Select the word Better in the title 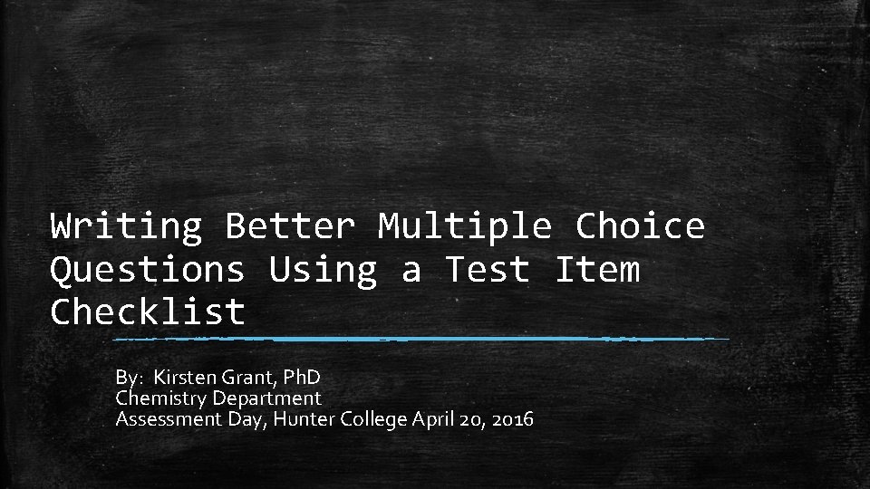pos(290,225)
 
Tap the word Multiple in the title pos(465,225)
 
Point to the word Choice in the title pos(640,225)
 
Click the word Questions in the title pos(148,270)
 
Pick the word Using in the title pos(323,270)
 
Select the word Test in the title pos(487,269)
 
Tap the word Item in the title pos(596,269)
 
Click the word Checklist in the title pos(148,312)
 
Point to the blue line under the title pos(421,339)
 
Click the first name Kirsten pos(185,377)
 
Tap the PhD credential pos(298,377)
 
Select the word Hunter pos(300,419)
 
